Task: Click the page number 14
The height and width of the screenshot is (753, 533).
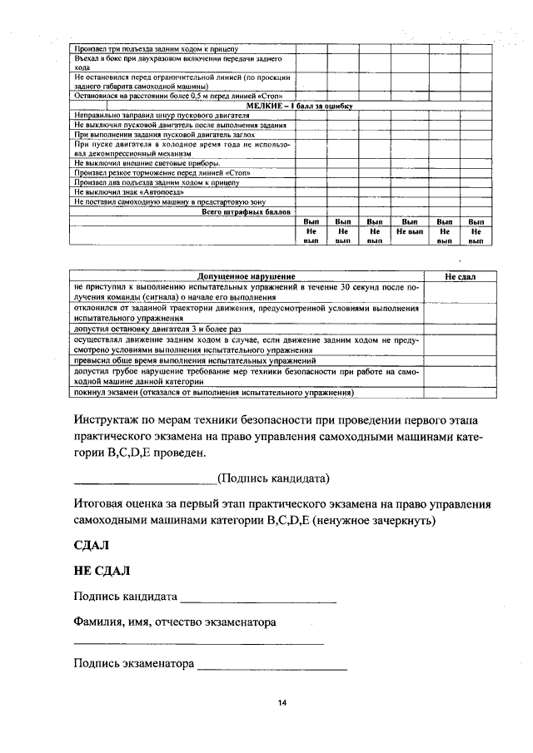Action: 282,703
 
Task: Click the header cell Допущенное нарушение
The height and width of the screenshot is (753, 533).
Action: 247,275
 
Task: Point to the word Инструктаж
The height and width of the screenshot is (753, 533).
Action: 107,417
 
